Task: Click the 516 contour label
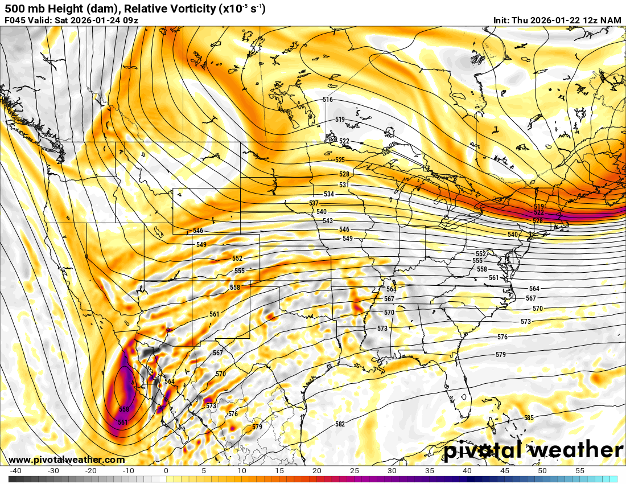click(327, 100)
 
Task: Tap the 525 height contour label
click(340, 160)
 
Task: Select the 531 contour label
click(344, 185)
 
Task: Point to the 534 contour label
click(329, 194)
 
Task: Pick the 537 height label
click(314, 203)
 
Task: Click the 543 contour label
click(327, 221)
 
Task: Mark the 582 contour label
click(340, 424)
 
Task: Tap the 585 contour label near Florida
click(529, 418)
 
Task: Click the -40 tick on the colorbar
click(16, 471)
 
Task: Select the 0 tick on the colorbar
click(166, 471)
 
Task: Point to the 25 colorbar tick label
click(355, 471)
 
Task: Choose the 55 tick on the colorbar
click(580, 471)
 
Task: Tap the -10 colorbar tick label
click(128, 471)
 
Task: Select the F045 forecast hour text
click(15, 20)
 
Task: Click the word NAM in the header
click(611, 20)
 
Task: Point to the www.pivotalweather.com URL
click(67, 460)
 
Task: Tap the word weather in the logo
click(576, 450)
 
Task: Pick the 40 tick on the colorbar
click(467, 471)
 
